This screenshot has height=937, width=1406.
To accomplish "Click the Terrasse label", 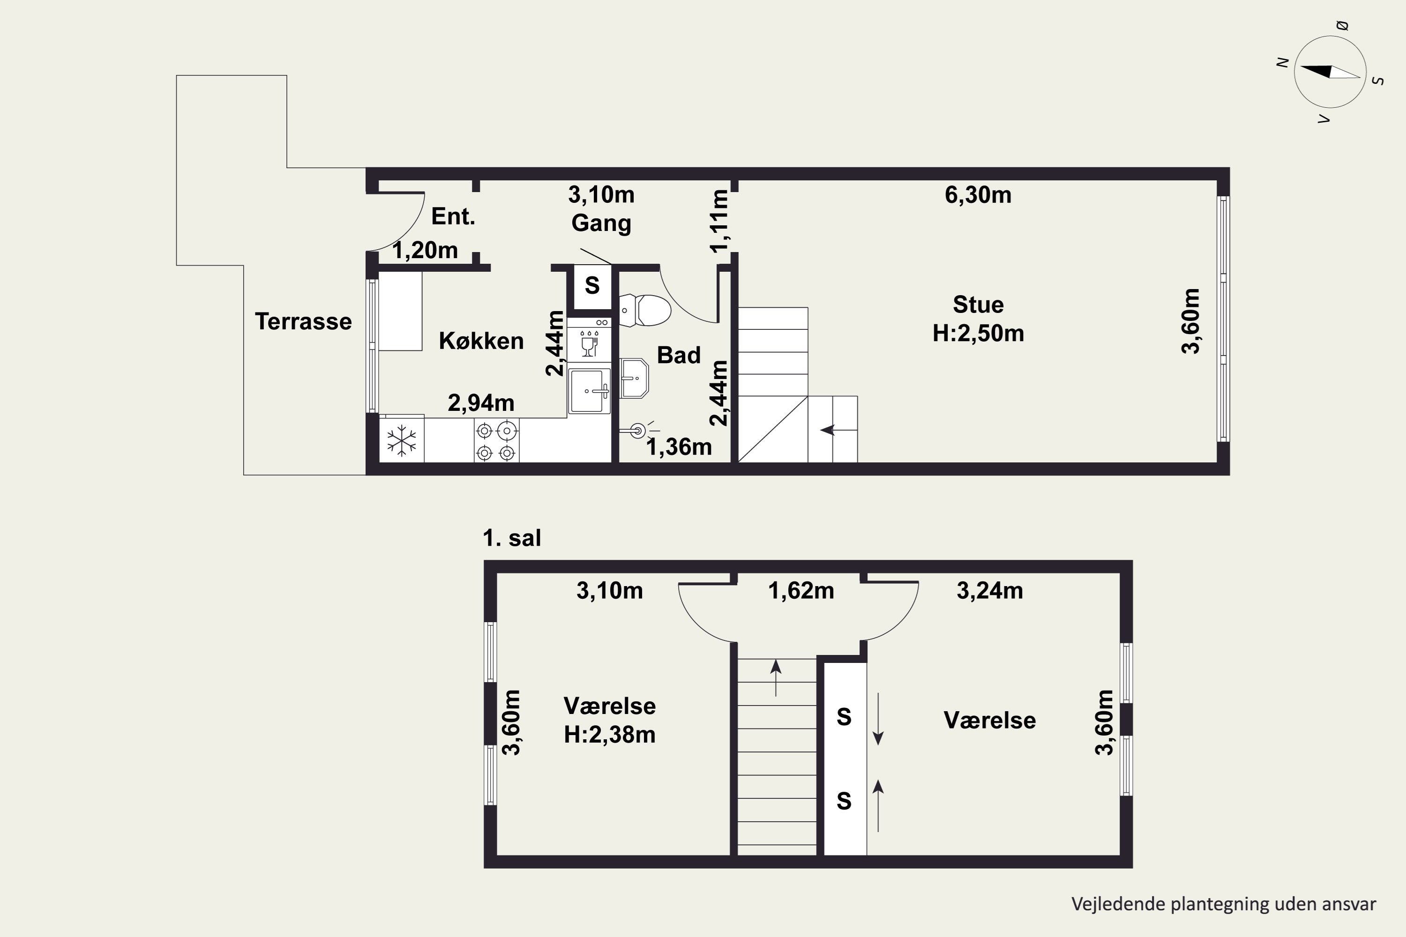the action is tap(303, 321).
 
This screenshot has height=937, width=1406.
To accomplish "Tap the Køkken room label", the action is tap(481, 341).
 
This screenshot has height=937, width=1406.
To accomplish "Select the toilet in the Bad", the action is tap(645, 310).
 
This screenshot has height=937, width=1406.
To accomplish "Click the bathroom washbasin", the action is tap(634, 378).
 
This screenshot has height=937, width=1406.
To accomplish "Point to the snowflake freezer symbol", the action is tap(402, 441).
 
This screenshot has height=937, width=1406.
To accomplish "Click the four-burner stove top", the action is tap(496, 441).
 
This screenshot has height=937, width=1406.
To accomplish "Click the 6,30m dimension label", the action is tap(978, 195).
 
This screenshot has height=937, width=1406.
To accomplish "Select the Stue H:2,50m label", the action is tap(979, 319).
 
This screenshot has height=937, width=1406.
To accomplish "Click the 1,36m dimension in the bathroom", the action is tap(679, 447).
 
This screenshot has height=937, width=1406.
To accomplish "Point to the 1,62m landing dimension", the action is tap(801, 590).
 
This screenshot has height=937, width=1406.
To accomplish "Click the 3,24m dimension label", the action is tap(990, 590).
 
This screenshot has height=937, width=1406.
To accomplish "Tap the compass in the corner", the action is tap(1330, 72).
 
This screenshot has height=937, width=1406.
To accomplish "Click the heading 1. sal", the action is tap(512, 538).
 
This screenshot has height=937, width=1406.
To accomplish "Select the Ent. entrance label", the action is tap(453, 216).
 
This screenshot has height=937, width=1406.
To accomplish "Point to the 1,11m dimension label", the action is tap(720, 221).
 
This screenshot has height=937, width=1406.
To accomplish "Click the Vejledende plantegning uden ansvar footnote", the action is tap(1224, 904).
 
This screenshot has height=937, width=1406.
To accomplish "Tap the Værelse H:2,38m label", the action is tap(610, 720).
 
